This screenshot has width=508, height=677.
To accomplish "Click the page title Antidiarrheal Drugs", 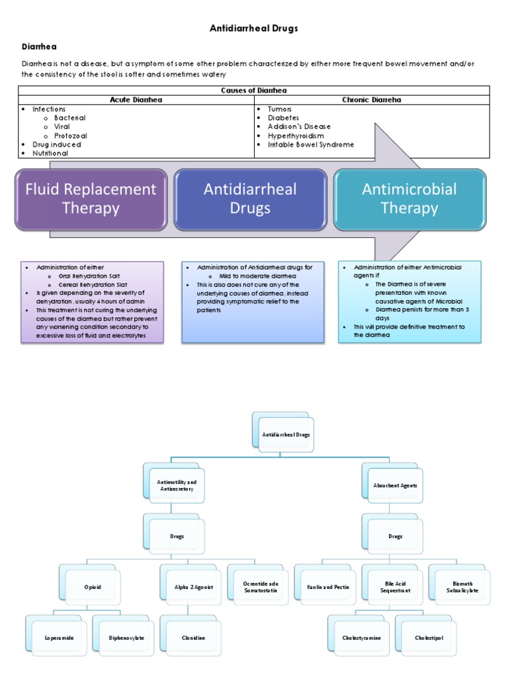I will [254, 28].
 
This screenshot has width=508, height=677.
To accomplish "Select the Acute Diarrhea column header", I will [136, 100].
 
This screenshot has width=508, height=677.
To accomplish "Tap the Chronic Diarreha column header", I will [371, 100].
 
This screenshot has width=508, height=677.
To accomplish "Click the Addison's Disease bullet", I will [299, 126].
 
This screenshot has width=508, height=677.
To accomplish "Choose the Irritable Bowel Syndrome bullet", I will [310, 144].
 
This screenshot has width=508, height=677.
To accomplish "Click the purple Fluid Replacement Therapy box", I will [91, 199].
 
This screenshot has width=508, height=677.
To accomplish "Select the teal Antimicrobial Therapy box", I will [409, 199].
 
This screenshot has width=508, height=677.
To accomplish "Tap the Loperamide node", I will [59, 638].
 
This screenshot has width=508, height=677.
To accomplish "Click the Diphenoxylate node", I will [126, 638].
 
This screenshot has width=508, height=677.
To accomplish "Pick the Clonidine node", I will [193, 638].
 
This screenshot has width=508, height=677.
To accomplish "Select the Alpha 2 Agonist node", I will [193, 587].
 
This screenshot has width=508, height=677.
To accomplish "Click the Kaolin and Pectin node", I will [328, 587].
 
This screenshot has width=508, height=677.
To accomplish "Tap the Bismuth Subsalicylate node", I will [462, 587].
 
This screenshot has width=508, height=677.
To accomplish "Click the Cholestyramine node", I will [361, 638].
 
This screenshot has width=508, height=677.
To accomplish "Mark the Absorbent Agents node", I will [395, 485].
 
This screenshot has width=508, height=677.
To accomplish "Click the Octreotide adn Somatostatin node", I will [261, 587].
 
